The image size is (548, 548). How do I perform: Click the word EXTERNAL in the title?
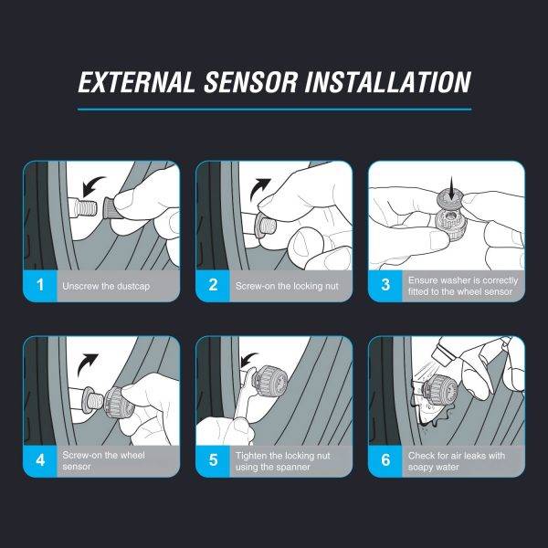point(136,82)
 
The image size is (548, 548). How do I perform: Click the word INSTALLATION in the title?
point(388,82)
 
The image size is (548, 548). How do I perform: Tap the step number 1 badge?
point(40,285)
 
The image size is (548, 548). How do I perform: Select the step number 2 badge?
point(213,285)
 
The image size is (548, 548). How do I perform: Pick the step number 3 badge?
point(385,285)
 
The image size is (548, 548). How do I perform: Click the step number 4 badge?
point(40,460)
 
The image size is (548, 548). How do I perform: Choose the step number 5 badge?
point(213,460)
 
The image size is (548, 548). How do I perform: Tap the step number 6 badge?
point(385,460)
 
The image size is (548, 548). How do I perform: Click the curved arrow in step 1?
point(90,184)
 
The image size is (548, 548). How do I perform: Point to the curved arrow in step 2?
point(258,188)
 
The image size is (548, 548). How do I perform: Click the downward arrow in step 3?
point(452,188)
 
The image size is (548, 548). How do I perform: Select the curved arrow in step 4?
point(85,364)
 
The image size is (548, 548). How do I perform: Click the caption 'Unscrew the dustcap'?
point(106,286)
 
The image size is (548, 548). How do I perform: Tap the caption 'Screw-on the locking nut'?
point(287,286)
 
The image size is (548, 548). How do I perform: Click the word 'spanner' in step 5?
point(292,468)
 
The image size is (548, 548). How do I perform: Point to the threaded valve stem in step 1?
point(84,208)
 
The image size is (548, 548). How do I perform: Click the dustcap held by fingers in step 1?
point(111,208)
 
